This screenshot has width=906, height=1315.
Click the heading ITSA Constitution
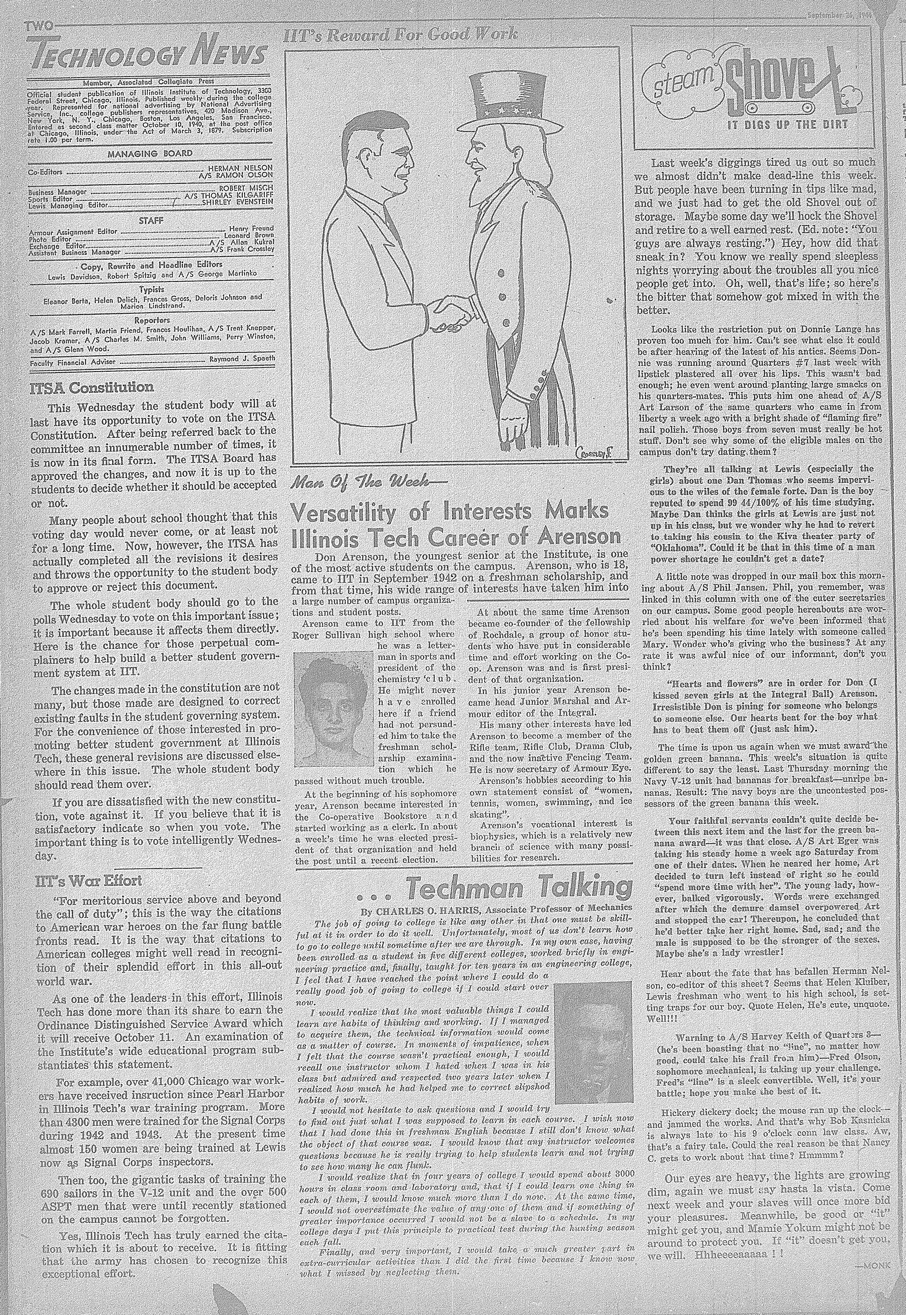92,388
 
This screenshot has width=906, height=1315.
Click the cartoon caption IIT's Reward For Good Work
400,36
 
